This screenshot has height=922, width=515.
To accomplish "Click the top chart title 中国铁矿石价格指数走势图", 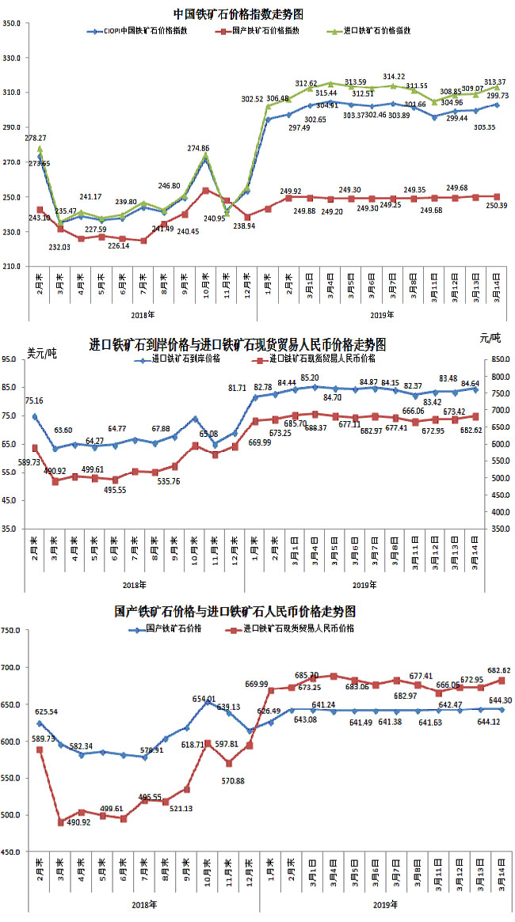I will pos(239,13).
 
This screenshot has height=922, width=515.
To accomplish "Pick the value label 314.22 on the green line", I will pos(394,76).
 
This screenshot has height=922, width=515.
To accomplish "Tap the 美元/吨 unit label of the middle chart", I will pos(41,353).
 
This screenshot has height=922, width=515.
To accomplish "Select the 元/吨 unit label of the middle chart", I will pos(490,339).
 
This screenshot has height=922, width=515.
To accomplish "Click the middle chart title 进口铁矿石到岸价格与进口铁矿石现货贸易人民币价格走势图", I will pos(238,345).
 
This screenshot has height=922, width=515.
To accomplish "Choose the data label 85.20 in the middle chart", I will pos(310,378).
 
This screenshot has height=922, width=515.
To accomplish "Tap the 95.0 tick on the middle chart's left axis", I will pos(15,359).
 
